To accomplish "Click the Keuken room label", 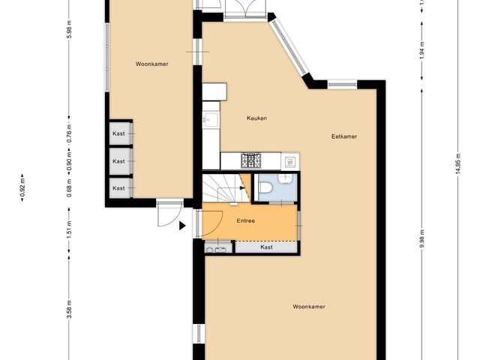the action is click(256, 118).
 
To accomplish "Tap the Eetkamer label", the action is click(344, 136).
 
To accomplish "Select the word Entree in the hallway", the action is click(246, 220).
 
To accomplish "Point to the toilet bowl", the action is click(265, 187).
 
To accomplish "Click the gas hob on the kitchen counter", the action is click(251, 160).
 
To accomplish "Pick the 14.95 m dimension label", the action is click(458, 163).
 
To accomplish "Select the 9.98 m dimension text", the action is click(422, 239).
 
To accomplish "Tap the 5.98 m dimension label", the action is click(69, 29).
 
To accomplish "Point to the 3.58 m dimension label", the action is click(69, 309).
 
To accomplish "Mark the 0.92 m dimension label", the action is click(22, 187).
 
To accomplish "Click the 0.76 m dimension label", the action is click(69, 132).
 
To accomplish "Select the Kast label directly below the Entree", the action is click(267, 247).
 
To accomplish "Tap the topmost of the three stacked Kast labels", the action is click(118, 133).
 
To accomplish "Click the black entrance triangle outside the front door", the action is click(182, 226).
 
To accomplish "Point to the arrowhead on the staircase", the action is click(242, 187).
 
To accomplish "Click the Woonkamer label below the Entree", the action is click(309, 307).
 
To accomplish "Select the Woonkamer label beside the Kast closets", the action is click(151, 64).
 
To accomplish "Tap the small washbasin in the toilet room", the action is click(286, 178).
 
